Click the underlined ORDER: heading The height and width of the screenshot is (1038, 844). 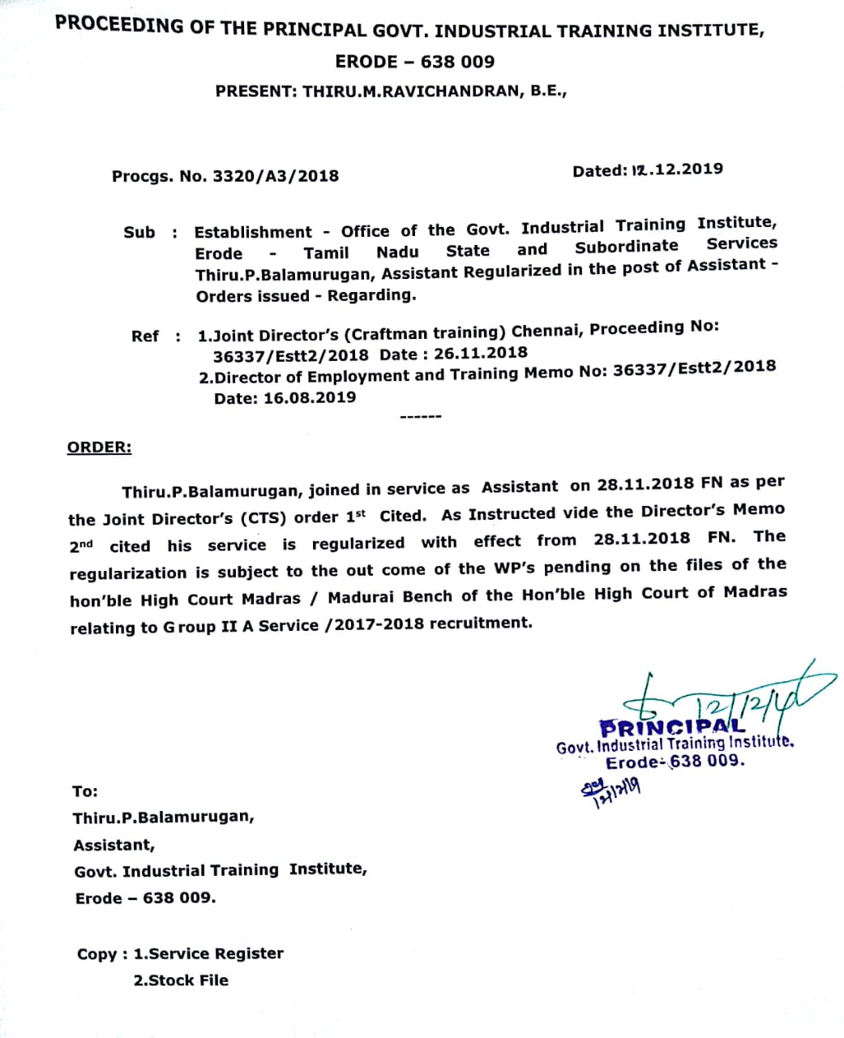pyautogui.click(x=99, y=448)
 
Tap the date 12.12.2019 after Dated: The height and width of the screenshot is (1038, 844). pyautogui.click(x=676, y=169)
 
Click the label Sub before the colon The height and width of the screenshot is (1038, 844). pyautogui.click(x=139, y=233)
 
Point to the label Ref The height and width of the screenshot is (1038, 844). pyautogui.click(x=145, y=336)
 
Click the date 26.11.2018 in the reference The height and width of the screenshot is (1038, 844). pyautogui.click(x=480, y=353)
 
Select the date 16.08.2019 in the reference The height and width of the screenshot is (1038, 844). pyautogui.click(x=309, y=397)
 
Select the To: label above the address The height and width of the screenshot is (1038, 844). pyautogui.click(x=84, y=791)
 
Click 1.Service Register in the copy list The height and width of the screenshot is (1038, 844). pyautogui.click(x=208, y=954)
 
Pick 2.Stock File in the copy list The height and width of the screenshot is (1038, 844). pyautogui.click(x=181, y=980)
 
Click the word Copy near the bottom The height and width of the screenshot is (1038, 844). pyautogui.click(x=96, y=954)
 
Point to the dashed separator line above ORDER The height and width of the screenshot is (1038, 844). pyautogui.click(x=420, y=417)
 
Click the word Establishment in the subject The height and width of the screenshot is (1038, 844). pyautogui.click(x=252, y=233)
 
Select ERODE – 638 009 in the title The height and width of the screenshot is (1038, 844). pyautogui.click(x=414, y=62)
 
